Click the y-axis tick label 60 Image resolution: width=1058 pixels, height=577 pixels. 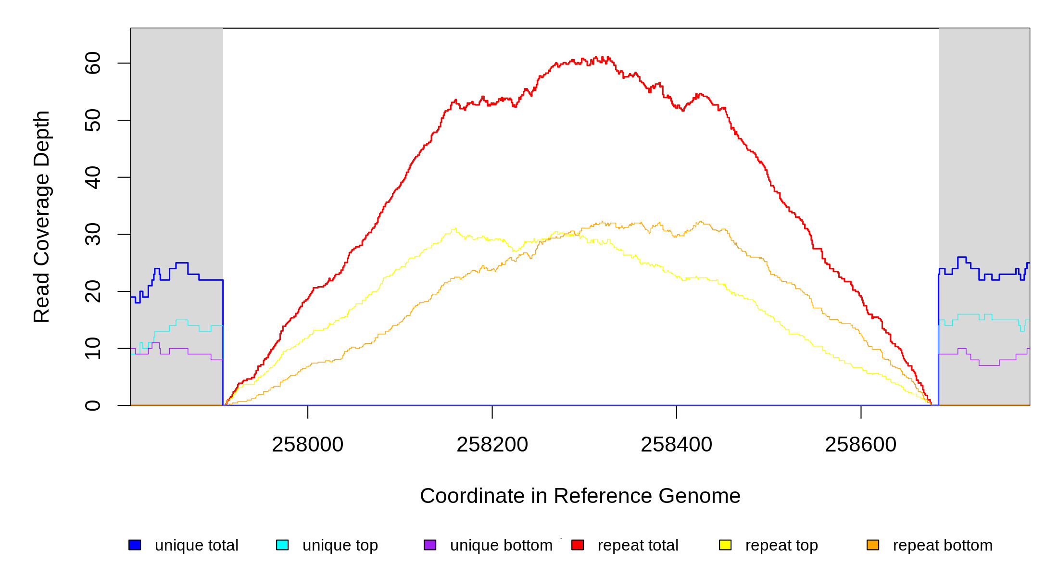click(92, 63)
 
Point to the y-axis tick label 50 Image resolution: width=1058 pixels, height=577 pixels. click(92, 120)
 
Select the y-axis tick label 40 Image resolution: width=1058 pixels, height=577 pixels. click(92, 177)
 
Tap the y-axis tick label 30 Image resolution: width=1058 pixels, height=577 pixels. click(92, 234)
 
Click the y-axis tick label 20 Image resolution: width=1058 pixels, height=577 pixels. click(92, 291)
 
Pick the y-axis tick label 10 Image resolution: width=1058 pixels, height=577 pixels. click(92, 348)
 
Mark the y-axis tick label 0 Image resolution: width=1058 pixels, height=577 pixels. click(92, 405)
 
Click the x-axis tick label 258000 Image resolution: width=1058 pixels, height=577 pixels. click(308, 445)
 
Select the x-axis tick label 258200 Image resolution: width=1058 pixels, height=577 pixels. click(492, 445)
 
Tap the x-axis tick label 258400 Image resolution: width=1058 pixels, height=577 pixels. click(676, 445)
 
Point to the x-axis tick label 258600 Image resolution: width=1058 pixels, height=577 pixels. click(860, 445)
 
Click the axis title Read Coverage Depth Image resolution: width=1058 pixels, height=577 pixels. click(42, 216)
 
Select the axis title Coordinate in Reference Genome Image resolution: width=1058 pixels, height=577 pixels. click(580, 496)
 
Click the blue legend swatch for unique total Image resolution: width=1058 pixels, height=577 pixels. click(135, 545)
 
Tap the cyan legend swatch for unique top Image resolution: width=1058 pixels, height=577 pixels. click(282, 545)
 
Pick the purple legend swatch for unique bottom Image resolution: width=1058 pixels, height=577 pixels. click(430, 545)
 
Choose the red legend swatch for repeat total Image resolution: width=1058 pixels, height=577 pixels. click(578, 545)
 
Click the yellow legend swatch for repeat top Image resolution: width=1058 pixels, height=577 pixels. click(725, 545)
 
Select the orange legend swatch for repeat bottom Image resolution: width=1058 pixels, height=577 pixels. click(873, 545)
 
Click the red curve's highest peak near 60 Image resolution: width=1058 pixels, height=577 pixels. click(596, 57)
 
